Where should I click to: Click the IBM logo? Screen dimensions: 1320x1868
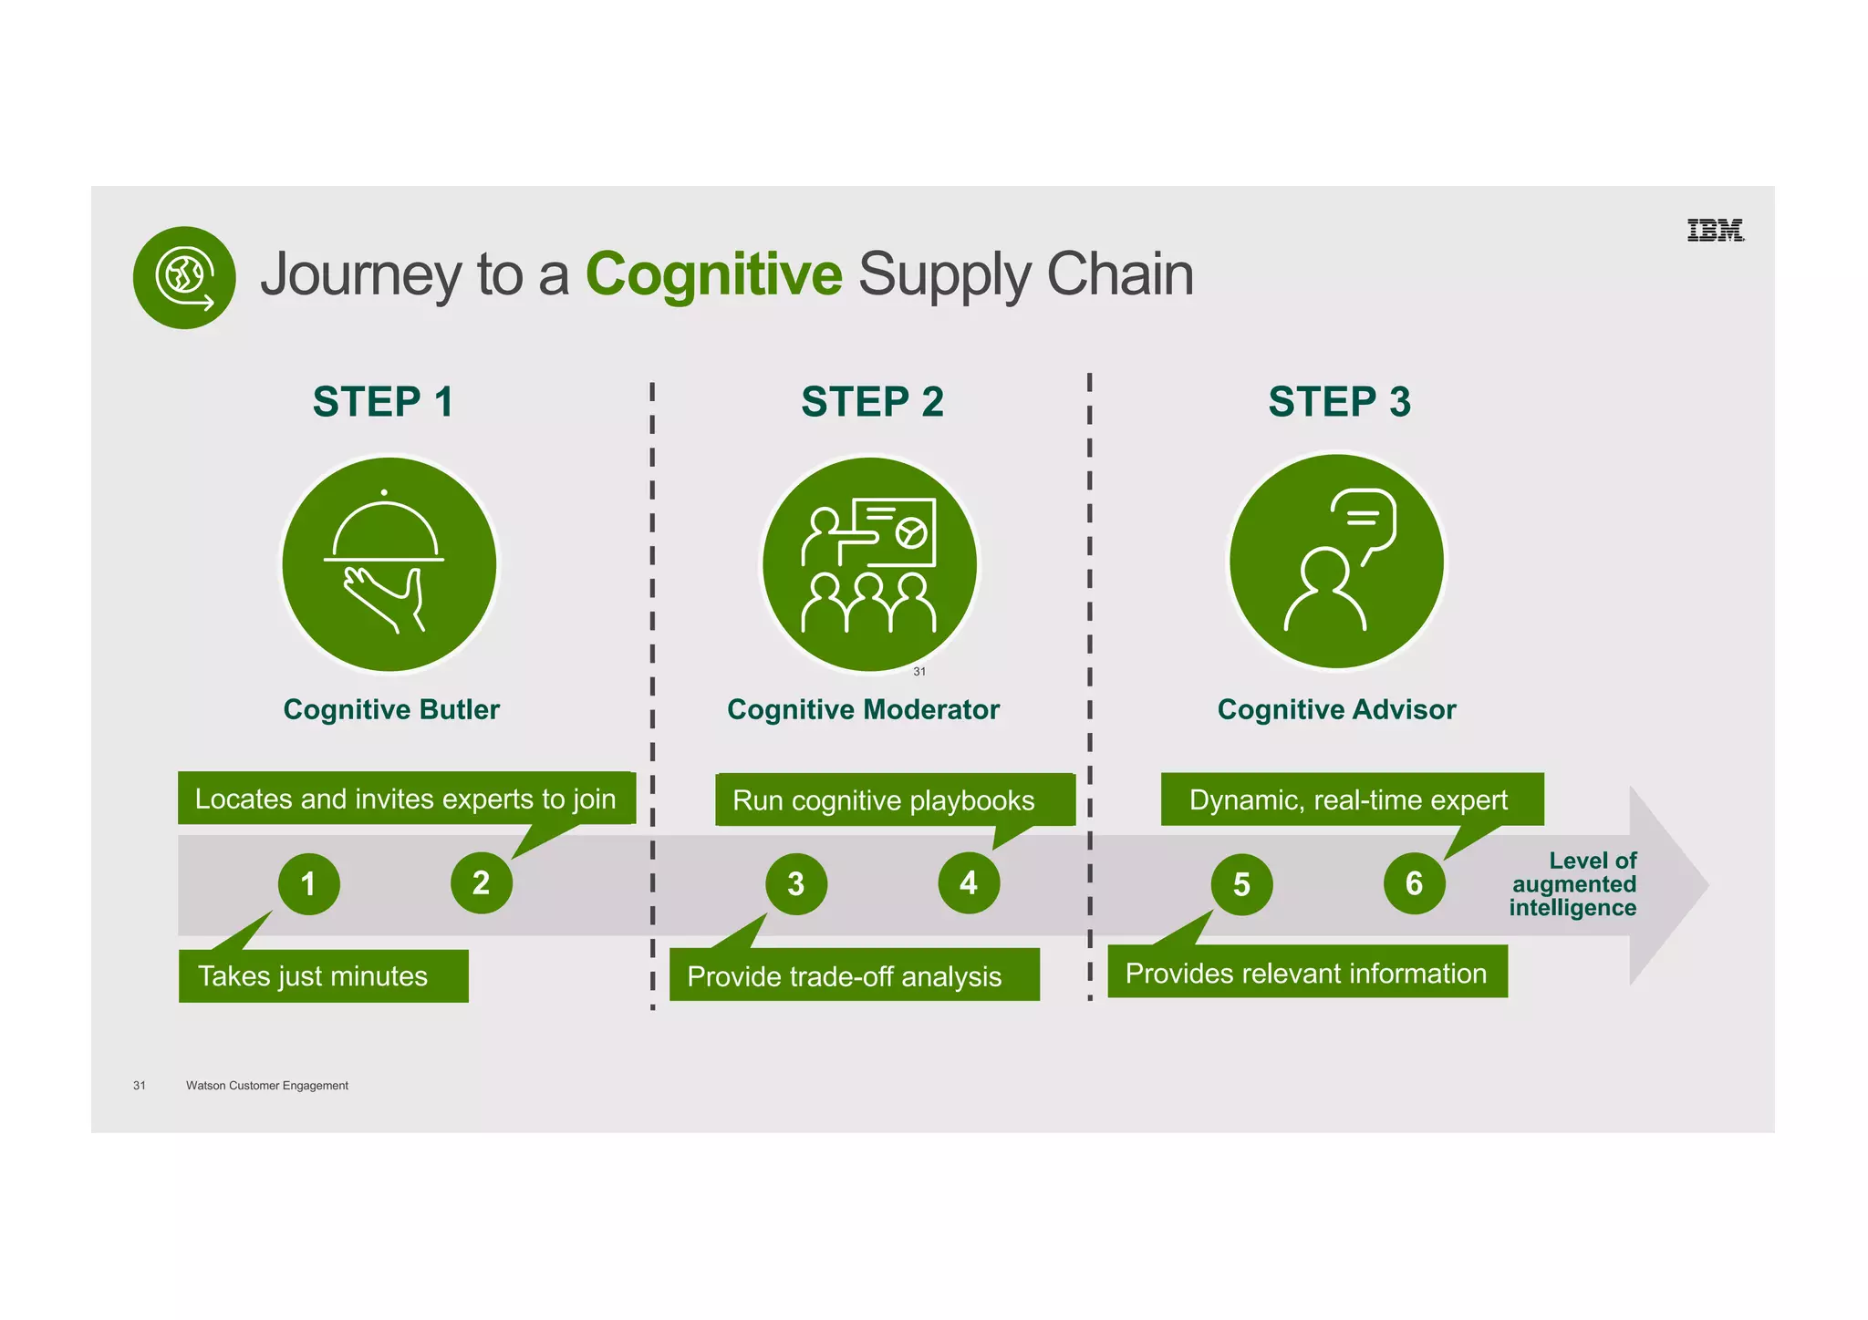pos(1715,231)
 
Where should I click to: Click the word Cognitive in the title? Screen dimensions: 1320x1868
pos(713,273)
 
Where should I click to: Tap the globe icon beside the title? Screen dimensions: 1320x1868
pos(184,277)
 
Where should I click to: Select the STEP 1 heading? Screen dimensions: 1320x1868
pos(383,402)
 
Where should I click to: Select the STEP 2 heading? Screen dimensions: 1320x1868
pos(872,402)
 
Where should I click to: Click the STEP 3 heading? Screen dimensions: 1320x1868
pos(1339,402)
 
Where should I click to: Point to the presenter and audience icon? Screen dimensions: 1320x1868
pos(869,564)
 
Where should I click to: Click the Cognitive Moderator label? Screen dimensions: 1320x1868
pos(863,709)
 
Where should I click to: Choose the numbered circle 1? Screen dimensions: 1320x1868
pos(309,883)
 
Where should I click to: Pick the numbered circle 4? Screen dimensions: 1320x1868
pos(969,882)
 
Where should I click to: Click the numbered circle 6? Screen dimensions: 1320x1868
pos(1414,882)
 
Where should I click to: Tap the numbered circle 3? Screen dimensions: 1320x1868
pos(796,883)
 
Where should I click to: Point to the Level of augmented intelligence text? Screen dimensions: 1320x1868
pos(1573,884)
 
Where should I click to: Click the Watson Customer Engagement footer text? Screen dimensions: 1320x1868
pos(266,1085)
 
